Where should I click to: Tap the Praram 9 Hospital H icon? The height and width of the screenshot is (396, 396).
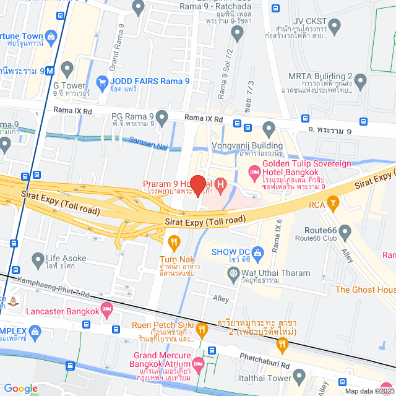point(222,184)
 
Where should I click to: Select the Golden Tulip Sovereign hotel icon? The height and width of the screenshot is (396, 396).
point(254,171)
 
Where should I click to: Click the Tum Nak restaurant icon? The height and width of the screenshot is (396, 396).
point(174,241)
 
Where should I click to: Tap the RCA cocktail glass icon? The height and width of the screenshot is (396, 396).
point(334,201)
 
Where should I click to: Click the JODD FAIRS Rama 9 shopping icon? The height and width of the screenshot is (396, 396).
point(103,81)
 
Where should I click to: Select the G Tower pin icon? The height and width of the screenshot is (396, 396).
point(67,67)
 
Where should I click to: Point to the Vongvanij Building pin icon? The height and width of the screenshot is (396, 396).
point(269,129)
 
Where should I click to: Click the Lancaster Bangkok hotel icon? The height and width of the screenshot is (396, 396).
point(106,308)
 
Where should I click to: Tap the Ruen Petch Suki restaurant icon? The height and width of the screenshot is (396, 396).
point(200,331)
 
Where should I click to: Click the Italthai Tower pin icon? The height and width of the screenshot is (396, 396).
point(299,375)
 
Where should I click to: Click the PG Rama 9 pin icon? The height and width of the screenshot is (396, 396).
point(163,116)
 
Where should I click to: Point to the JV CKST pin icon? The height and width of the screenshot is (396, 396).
point(335,26)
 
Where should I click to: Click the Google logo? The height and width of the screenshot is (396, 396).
point(20,389)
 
